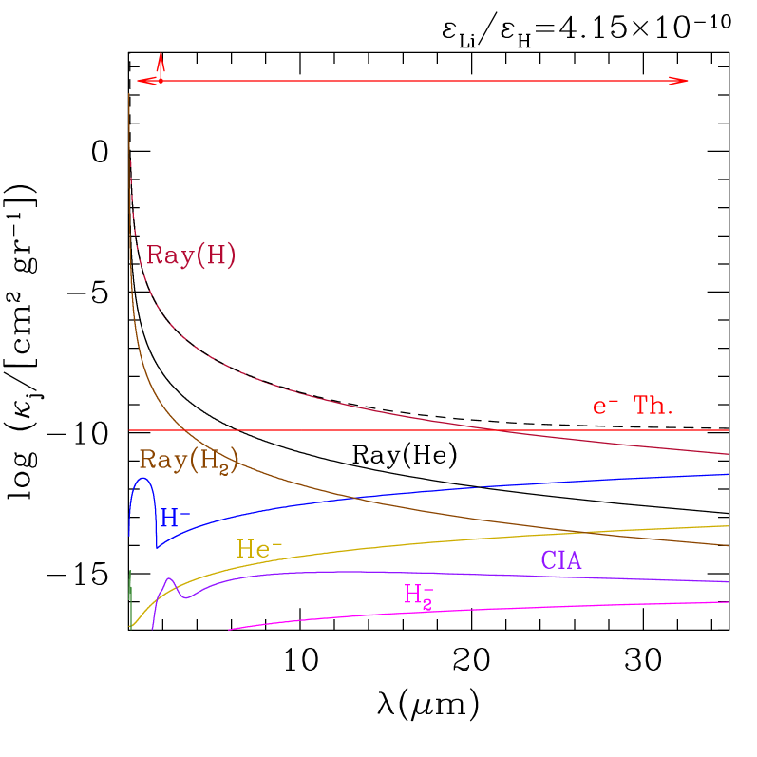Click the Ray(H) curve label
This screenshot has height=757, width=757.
click(x=191, y=255)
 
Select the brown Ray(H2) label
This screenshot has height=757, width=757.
click(x=188, y=461)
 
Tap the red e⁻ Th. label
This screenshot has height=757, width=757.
click(x=633, y=407)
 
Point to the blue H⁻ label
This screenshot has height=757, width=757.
click(x=176, y=519)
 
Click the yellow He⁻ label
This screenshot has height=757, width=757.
click(x=259, y=549)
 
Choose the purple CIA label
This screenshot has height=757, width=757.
click(x=561, y=561)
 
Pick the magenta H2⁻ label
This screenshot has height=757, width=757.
click(x=419, y=596)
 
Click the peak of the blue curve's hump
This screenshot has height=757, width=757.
click(x=143, y=478)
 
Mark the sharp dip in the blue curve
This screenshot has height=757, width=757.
click(x=157, y=547)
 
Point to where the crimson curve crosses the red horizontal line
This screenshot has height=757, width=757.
click(x=494, y=430)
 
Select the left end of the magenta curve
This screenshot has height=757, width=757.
click(x=229, y=629)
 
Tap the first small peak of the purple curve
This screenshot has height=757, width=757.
click(x=169, y=579)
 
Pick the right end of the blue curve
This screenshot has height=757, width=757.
click(x=728, y=474)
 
